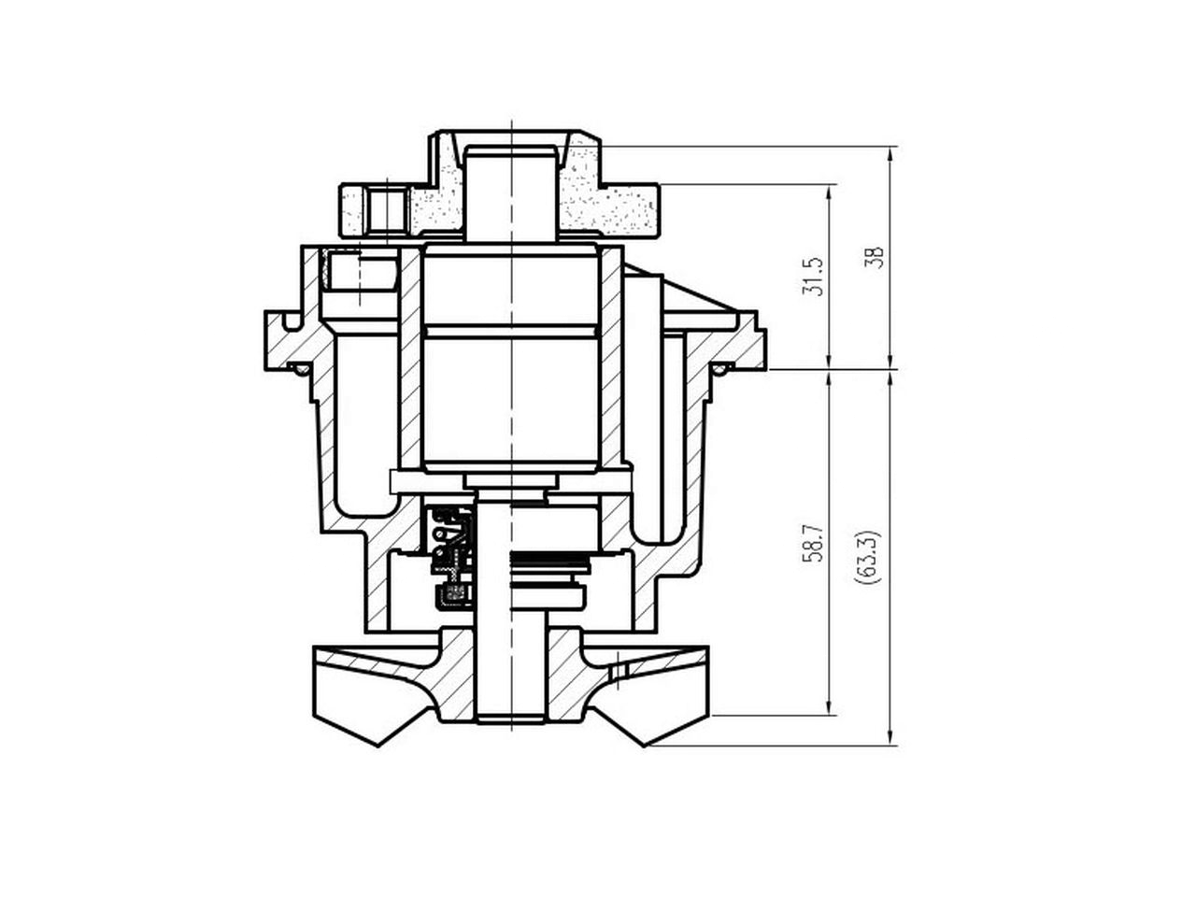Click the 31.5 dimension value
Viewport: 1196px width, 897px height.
(x=816, y=277)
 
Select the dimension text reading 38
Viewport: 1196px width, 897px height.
(x=875, y=257)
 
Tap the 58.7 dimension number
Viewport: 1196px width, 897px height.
(x=816, y=542)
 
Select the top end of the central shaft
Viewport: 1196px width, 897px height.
(x=511, y=151)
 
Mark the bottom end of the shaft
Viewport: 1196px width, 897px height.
(x=511, y=718)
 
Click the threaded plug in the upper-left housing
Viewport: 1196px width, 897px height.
(x=360, y=272)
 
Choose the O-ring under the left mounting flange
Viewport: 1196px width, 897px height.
(x=300, y=370)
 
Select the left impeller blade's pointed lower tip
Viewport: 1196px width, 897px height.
(x=378, y=744)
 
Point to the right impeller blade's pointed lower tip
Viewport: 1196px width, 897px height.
(x=645, y=744)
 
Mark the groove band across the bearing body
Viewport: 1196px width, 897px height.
(x=511, y=330)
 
